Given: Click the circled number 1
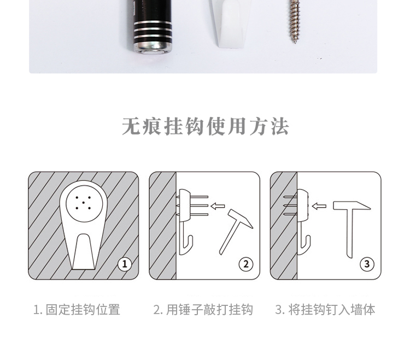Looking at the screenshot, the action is pyautogui.click(x=125, y=264).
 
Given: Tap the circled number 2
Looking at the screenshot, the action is pyautogui.click(x=246, y=264).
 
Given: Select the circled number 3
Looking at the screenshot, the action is pyautogui.click(x=367, y=264).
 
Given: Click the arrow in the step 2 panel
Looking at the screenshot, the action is pyautogui.click(x=218, y=206).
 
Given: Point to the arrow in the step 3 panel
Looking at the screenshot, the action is pyautogui.click(x=319, y=206).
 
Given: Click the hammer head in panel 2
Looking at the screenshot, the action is pyautogui.click(x=241, y=219).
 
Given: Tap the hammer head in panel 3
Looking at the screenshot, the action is pyautogui.click(x=352, y=205).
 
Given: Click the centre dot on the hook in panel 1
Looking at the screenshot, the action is pyautogui.click(x=83, y=203).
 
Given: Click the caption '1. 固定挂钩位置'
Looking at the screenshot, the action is pyautogui.click(x=77, y=310).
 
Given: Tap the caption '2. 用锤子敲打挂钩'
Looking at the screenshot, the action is pyautogui.click(x=203, y=310).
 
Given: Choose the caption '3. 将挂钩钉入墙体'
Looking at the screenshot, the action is pyautogui.click(x=325, y=310).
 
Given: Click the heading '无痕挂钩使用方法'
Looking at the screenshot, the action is pyautogui.click(x=206, y=126).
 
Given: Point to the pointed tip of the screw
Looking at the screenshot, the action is pyautogui.click(x=295, y=43).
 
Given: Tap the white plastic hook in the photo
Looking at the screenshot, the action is pyautogui.click(x=230, y=23).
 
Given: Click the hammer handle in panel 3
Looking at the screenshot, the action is pyautogui.click(x=350, y=233).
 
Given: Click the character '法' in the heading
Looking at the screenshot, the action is pyautogui.click(x=280, y=126).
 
